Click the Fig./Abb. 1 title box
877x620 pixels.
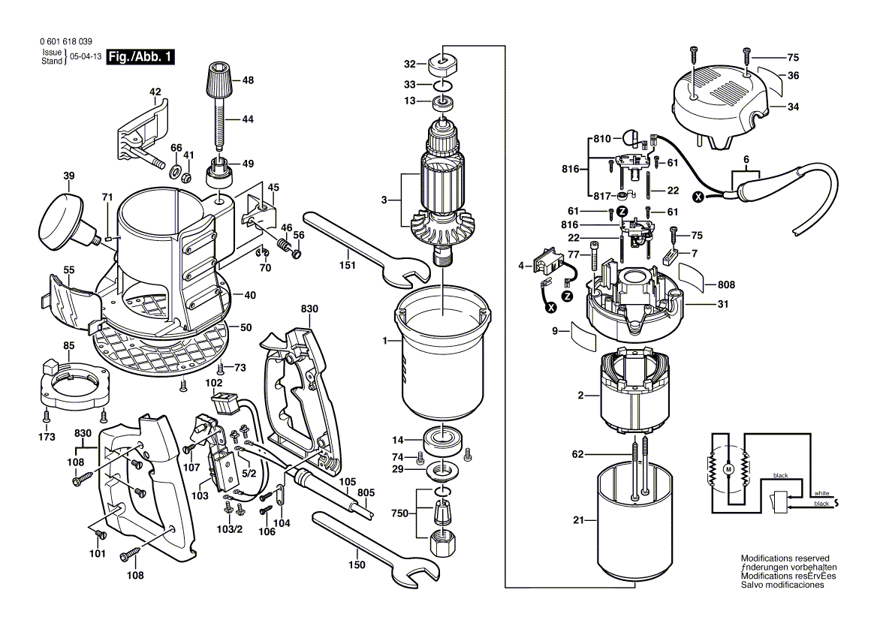coord(140,57)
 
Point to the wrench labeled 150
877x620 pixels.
coord(368,544)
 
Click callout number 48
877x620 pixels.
coord(248,80)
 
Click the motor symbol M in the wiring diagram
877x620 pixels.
coord(727,469)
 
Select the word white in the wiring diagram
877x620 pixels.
coord(822,493)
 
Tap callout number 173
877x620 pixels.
coord(47,436)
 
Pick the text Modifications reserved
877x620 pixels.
coord(785,558)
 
